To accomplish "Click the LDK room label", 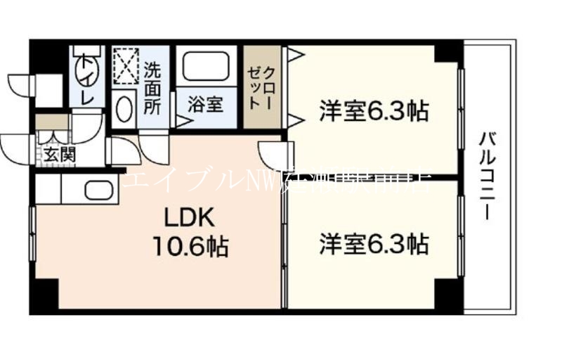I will coord(188,216).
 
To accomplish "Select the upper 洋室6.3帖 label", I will coord(374,111).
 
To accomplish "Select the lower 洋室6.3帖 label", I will coord(374,244).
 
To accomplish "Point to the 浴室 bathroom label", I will coord(206,105).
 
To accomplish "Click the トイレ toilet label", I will coord(87,79).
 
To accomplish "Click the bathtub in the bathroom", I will coord(206,67).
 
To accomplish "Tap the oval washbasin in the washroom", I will coord(124,110).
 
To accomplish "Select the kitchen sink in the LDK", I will coord(98,191).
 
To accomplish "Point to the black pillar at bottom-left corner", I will coord(43,295).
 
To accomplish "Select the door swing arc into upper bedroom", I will coord(275,155).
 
